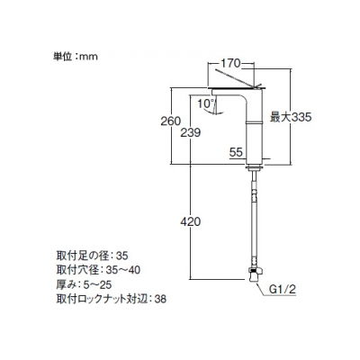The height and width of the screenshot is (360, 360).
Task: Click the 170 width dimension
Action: click(231, 63)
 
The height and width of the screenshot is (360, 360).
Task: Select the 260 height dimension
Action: click(171, 121)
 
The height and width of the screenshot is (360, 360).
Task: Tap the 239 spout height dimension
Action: click(190, 132)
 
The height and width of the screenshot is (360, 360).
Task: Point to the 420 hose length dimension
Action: click(190, 221)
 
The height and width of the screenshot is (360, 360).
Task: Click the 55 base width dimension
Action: click(236, 152)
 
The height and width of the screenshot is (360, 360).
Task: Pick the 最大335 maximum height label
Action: click(291, 117)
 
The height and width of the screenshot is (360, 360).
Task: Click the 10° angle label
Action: click(205, 103)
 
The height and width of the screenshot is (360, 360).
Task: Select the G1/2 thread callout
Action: click(283, 290)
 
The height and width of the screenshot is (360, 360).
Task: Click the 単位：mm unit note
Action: click(76, 57)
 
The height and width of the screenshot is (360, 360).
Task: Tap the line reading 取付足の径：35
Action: click(92, 256)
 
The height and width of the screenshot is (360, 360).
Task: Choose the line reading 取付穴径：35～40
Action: click(98, 270)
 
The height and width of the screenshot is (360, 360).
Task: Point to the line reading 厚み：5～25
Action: click(84, 284)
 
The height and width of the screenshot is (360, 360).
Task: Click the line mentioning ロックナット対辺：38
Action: click(112, 299)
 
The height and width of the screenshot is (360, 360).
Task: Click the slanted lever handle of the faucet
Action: click(237, 78)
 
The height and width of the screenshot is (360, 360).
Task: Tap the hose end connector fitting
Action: click(256, 274)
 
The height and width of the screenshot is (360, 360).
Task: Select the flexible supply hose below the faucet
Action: click(255, 219)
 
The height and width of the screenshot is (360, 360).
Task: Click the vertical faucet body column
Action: click(254, 142)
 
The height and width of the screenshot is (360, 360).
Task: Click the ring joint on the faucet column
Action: click(254, 121)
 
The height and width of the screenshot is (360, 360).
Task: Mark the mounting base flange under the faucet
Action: click(255, 168)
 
